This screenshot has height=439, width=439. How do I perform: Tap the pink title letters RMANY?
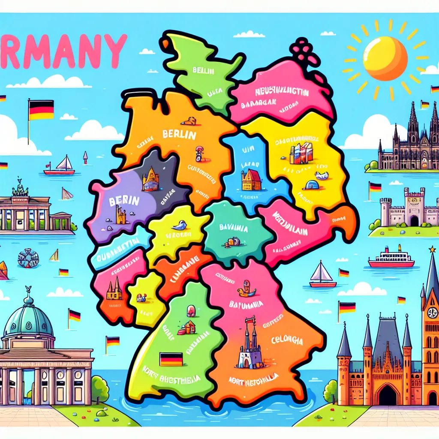64,51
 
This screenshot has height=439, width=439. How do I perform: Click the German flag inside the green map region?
171,359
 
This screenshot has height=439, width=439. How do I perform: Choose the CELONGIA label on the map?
287,341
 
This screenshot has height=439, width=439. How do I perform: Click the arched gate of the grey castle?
414,220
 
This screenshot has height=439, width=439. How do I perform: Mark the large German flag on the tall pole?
41,110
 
